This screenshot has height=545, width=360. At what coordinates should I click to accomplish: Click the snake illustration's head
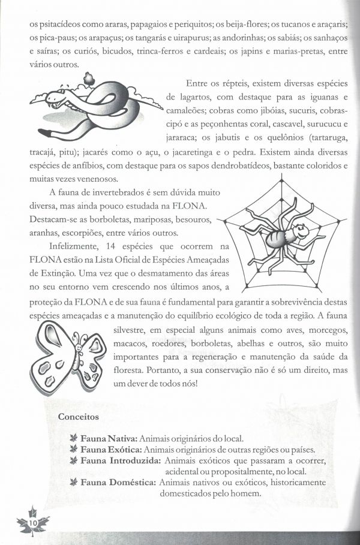50,95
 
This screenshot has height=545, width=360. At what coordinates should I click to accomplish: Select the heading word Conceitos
79,416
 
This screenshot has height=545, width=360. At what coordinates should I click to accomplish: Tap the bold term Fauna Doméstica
119,482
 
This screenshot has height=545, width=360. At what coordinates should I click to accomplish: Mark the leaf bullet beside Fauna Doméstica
74,482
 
